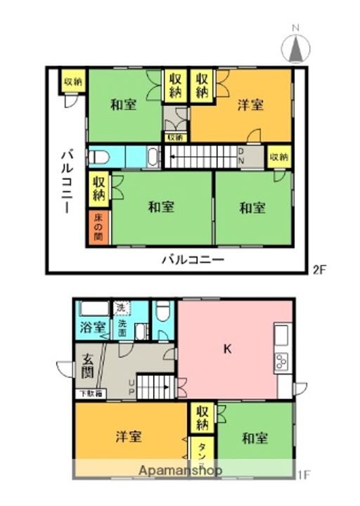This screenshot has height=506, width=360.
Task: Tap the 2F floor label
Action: point(319,268)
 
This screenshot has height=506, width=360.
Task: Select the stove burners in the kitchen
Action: point(282,363)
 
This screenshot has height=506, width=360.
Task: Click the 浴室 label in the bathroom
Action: point(91,327)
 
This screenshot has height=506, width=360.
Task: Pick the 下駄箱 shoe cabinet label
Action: point(89,394)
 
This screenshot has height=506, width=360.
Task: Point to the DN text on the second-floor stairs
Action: point(240,155)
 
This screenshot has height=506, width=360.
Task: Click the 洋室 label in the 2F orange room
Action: point(250,105)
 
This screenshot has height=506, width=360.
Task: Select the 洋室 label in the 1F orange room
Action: point(128,436)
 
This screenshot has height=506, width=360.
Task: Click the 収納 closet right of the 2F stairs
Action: point(278,157)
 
